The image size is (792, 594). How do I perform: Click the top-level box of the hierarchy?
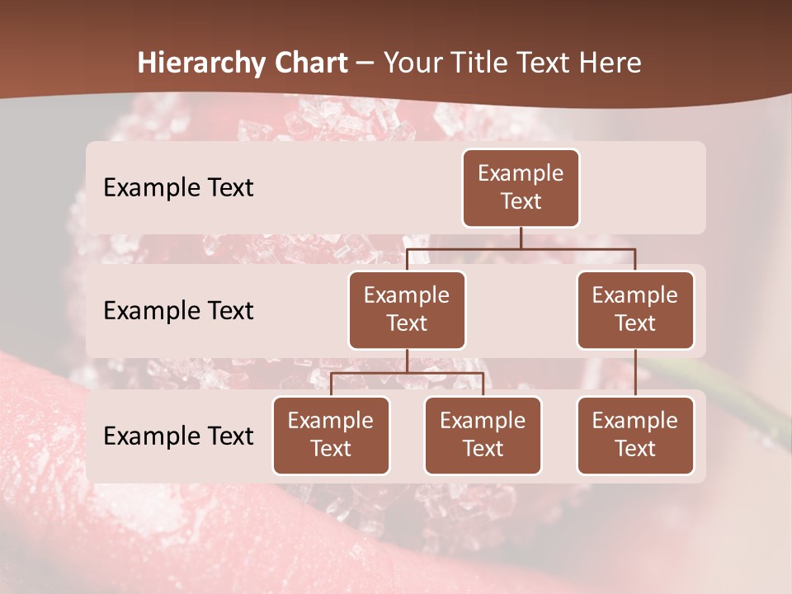tap(521, 187)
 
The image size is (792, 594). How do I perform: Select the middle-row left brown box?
tap(407, 309)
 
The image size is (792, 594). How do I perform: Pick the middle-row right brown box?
tap(635, 309)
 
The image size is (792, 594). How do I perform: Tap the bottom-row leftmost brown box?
tap(331, 435)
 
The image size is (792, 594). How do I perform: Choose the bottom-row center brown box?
tap(483, 435)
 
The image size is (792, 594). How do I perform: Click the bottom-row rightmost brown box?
tap(635, 435)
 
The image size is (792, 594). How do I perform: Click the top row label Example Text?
tap(178, 187)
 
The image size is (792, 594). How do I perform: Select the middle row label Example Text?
tap(178, 310)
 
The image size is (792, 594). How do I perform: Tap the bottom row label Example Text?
tap(178, 436)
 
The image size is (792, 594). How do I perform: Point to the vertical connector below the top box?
tap(521, 238)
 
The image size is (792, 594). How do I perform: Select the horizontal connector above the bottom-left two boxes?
tap(407, 373)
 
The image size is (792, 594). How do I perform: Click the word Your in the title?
tap(411, 63)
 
